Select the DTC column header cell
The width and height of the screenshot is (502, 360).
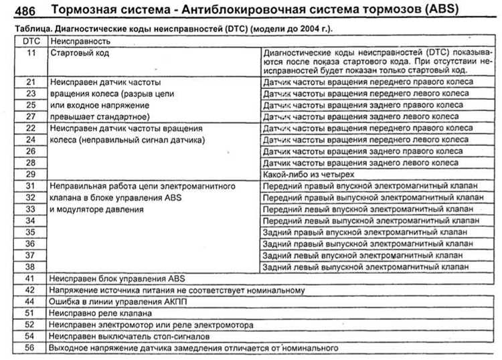pos(30,41)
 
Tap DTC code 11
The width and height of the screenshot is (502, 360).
pos(30,52)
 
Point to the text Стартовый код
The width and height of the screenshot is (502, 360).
pos(79,52)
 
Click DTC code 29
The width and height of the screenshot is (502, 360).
pos(30,173)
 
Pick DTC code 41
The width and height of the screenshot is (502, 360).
pos(30,278)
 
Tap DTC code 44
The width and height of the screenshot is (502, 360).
pos(30,301)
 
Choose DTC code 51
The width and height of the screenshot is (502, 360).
pos(30,312)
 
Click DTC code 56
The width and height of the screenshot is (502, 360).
pos(30,348)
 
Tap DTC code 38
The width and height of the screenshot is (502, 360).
pos(30,266)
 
